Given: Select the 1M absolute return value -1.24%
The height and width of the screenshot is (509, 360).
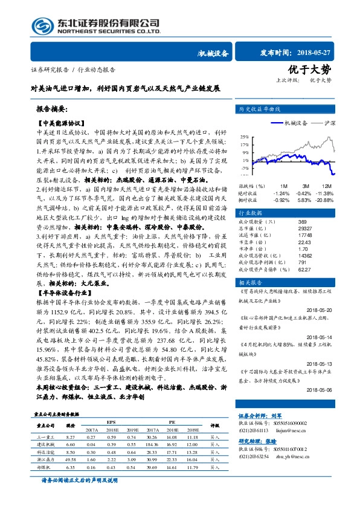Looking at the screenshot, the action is (281, 193).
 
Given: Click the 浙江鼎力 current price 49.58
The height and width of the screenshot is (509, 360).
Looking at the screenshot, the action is (71, 460).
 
